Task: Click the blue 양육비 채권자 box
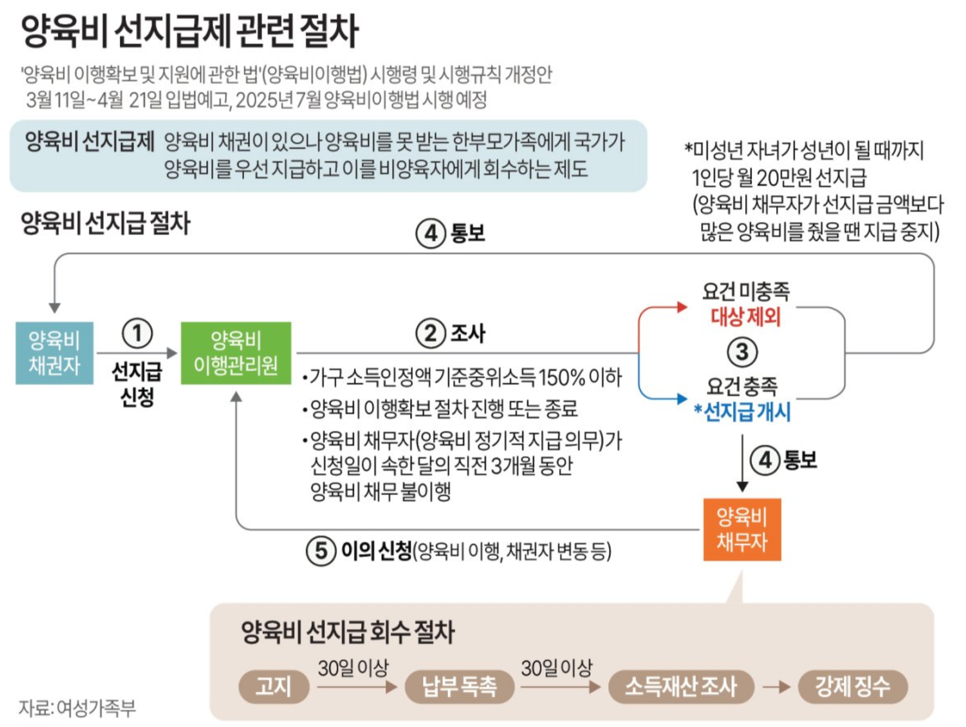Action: [x=54, y=353]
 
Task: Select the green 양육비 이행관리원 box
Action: [x=236, y=353]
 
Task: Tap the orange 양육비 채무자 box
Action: [x=742, y=529]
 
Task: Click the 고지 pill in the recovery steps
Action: [x=274, y=686]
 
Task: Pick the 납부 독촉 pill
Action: [x=459, y=686]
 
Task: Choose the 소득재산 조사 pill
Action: [x=680, y=686]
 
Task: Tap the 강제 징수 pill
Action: [x=852, y=686]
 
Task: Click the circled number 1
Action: [x=137, y=333]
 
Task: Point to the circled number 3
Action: [x=742, y=352]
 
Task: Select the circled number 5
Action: [x=321, y=551]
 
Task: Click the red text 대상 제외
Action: [x=746, y=317]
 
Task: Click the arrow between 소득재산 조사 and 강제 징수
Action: [x=776, y=687]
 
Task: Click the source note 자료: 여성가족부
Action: [x=77, y=708]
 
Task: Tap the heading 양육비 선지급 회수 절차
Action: [x=348, y=632]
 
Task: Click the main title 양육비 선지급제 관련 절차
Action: [x=190, y=31]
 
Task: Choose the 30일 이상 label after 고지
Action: [x=353, y=668]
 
